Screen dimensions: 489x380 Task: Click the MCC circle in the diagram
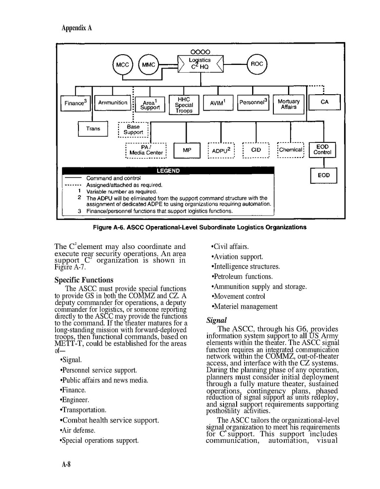122,64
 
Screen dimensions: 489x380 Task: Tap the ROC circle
257,64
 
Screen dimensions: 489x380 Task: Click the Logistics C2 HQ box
200,63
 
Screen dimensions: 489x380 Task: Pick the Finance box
76,103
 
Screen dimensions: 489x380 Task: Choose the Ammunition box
113,103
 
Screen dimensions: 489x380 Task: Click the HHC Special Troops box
184,105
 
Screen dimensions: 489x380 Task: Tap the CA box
324,102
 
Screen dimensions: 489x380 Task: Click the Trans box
93,129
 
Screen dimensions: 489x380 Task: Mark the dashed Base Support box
134,129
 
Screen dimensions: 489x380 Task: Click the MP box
187,150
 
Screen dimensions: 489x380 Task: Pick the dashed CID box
256,150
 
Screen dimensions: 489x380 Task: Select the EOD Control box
322,150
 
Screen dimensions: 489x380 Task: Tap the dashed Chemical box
291,150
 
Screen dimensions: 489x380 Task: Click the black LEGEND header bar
168,171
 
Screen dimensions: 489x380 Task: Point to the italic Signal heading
217,320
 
